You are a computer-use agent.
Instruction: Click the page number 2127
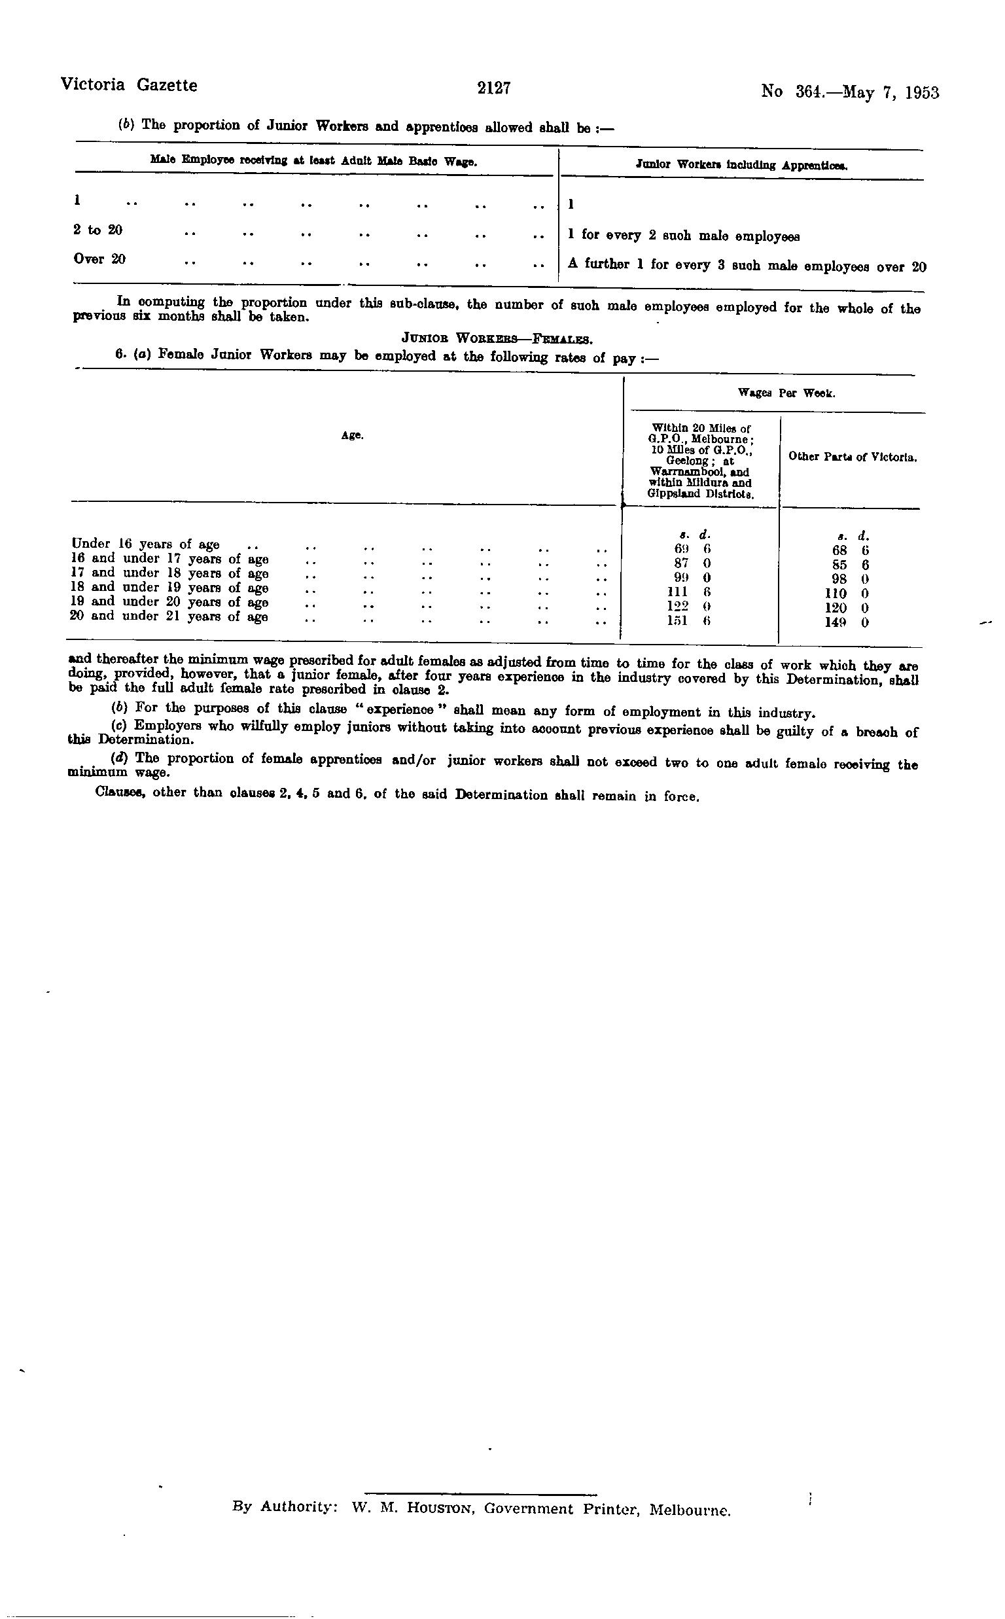coord(493,88)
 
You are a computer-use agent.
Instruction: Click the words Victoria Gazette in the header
coord(129,85)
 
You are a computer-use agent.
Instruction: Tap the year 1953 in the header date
coord(921,92)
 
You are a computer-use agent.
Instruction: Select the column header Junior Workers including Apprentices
coord(741,165)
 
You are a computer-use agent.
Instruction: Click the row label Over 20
coord(99,259)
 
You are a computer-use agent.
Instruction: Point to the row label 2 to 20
coord(97,230)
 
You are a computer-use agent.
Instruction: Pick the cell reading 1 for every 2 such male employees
coord(684,236)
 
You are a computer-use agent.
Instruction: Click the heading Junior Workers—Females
coord(497,340)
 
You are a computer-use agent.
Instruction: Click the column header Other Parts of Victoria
coord(853,457)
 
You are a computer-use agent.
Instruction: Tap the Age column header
coord(351,435)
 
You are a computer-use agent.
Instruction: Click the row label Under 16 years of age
coord(145,544)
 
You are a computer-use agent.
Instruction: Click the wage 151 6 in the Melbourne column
coord(692,622)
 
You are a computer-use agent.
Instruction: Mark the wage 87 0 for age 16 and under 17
coord(692,563)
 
